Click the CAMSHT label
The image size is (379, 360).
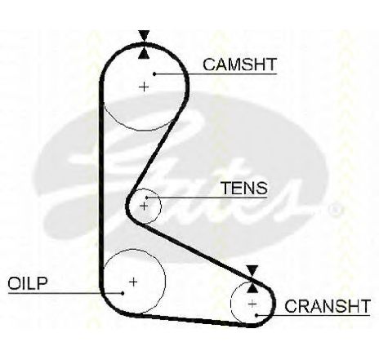[x=239, y=64]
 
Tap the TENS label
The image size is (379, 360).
[x=244, y=188]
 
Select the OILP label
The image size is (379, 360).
[x=28, y=283]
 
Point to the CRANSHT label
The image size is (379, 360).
[x=328, y=306]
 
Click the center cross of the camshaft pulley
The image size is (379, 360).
[x=144, y=87]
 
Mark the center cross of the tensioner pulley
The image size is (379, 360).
[x=144, y=206]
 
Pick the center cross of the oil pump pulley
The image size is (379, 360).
[x=133, y=282]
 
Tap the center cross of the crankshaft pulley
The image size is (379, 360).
[x=252, y=304]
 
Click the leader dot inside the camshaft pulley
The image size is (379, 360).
[x=154, y=73]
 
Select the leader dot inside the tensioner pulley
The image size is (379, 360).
[x=146, y=198]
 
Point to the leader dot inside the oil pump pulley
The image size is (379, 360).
[x=123, y=293]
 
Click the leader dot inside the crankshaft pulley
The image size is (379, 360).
[x=256, y=316]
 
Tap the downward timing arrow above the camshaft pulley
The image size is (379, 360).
[x=144, y=35]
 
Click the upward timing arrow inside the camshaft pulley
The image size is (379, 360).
[x=144, y=53]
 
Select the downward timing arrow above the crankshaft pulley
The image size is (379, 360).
[x=252, y=271]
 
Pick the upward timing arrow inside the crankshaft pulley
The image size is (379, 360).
[x=252, y=287]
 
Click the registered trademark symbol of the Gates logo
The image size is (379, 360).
[x=335, y=210]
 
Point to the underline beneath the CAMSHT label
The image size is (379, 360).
[x=216, y=73]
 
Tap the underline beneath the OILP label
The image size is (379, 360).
[x=65, y=293]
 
